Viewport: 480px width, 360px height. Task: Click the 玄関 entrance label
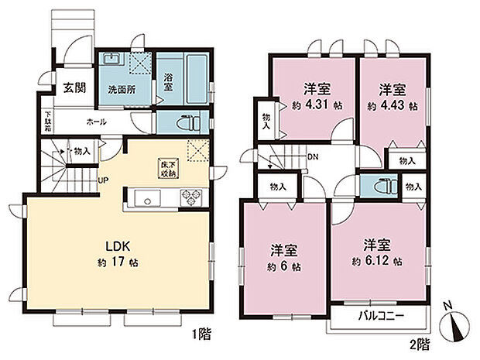point(74,87)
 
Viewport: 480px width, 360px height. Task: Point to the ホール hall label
point(97,122)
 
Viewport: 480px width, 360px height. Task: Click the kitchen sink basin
point(145,200)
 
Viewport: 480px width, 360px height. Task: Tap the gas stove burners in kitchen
point(190,200)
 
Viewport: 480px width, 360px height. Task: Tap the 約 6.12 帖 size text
point(377,262)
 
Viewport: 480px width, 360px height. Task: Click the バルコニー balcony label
point(379,315)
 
